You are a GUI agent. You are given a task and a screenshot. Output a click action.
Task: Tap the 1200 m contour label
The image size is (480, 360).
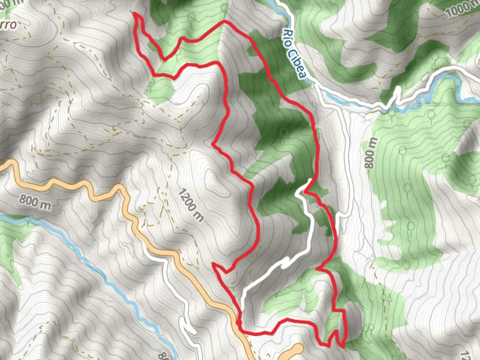click(x=190, y=205)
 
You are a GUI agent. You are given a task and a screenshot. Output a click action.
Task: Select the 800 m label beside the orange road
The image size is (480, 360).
click(x=35, y=202)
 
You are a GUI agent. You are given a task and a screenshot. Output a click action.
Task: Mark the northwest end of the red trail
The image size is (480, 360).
click(x=134, y=13)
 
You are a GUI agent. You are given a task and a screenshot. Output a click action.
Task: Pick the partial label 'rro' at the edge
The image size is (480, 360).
click(x=8, y=24)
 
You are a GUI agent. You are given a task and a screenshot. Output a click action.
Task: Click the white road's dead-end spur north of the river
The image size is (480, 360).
click(x=397, y=89)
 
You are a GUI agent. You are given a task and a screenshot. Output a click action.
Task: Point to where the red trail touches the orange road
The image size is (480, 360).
click(x=239, y=323)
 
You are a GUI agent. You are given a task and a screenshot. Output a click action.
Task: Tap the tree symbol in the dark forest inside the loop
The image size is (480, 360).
click(x=284, y=133)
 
